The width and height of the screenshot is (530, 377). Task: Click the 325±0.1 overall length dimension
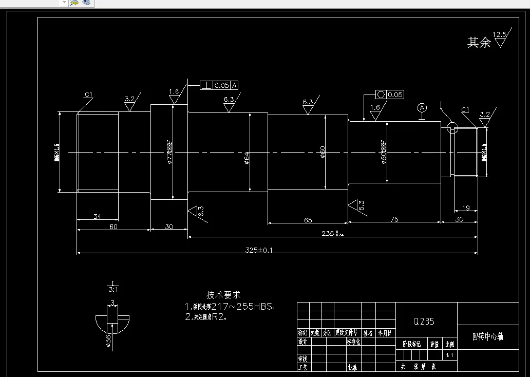259,250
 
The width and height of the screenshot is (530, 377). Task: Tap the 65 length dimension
308,220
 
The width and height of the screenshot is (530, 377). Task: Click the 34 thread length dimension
97,216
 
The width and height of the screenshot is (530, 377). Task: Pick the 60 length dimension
113,227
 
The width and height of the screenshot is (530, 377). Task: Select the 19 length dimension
466,208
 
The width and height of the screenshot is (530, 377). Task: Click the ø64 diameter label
247,158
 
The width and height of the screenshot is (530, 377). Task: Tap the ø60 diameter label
323,152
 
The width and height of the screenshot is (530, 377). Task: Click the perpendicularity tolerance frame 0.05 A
219,85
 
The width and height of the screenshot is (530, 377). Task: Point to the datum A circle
422,108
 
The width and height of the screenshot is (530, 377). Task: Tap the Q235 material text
424,322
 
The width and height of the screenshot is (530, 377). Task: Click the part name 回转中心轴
487,336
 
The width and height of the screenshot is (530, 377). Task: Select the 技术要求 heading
223,295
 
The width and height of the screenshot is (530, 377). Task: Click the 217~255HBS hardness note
234,307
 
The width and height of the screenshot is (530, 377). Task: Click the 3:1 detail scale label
112,289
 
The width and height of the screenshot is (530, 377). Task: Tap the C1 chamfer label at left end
88,95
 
